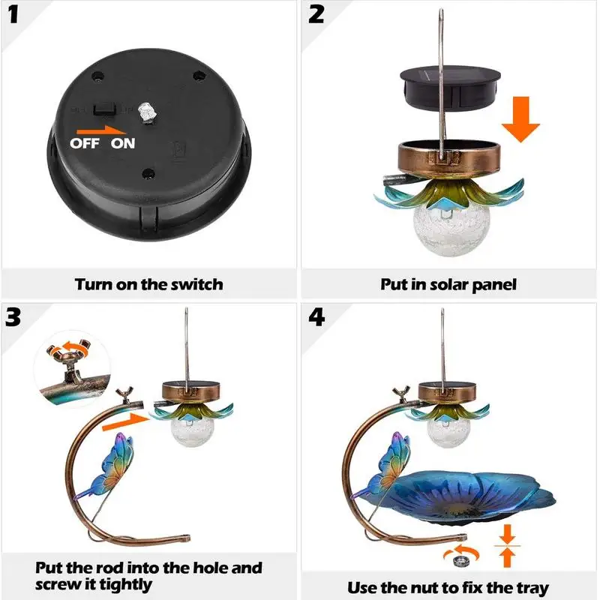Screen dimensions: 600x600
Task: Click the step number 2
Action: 316,16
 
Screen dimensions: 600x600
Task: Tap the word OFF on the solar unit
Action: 84,143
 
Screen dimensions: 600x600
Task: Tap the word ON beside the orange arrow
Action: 123,143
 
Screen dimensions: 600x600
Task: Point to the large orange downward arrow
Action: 520,121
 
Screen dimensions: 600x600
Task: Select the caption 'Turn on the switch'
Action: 148,284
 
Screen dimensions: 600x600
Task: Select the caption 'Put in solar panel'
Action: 448,284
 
